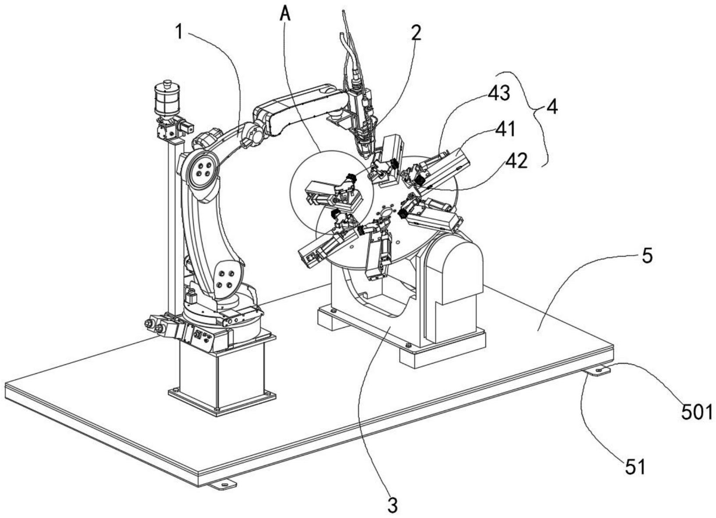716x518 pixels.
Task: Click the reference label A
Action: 285,14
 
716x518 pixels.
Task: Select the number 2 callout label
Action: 416,33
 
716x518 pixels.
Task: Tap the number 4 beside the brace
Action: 553,107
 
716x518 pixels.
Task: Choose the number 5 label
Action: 647,256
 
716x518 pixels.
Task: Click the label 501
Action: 697,412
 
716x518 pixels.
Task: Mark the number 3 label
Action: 393,506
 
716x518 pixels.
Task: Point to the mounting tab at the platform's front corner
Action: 223,485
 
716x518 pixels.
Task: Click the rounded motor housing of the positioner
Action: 457,268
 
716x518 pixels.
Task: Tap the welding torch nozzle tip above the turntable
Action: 365,151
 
